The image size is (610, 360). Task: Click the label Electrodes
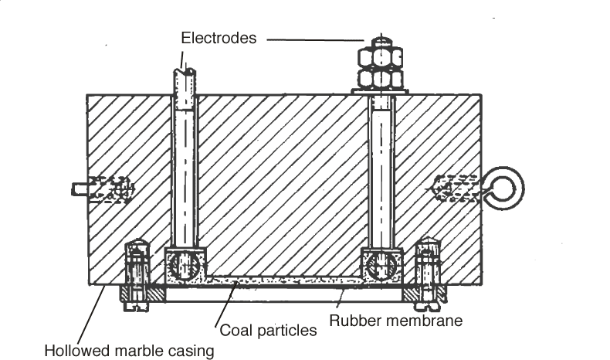[x=219, y=37]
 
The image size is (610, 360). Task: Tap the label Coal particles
[x=269, y=331]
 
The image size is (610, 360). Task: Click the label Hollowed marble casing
[x=128, y=351]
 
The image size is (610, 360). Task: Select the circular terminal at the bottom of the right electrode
[x=381, y=267]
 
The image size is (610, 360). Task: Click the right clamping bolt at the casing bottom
[x=427, y=274]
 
